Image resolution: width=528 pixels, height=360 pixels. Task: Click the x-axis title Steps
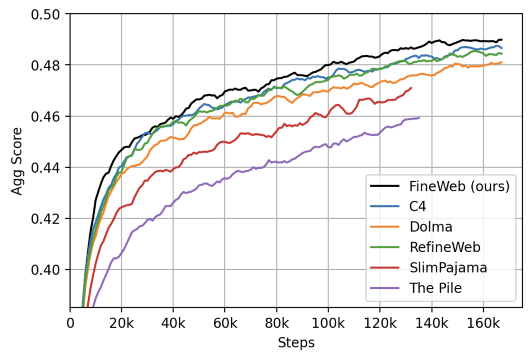click(x=296, y=342)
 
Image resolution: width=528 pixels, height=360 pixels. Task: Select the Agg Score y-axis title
click(x=18, y=160)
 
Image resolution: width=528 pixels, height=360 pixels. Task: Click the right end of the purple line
click(x=419, y=118)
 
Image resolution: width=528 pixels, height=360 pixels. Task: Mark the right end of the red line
click(x=411, y=88)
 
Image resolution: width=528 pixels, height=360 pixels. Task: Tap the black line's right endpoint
click(x=502, y=40)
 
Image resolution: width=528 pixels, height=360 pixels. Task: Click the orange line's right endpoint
click(x=502, y=62)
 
